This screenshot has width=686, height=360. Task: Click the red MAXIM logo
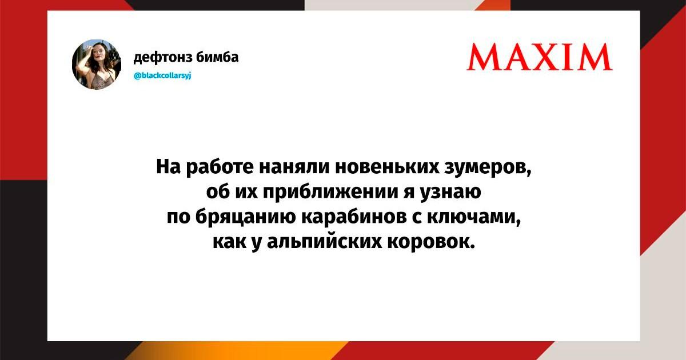coord(540,57)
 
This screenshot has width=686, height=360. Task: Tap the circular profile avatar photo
coord(97,64)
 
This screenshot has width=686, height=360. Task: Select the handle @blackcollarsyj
coord(162,75)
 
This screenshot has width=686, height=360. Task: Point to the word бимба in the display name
coord(217,57)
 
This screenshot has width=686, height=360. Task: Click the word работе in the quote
coord(220,167)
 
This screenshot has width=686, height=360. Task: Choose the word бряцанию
coord(242,218)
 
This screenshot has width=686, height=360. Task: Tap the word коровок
coord(431,243)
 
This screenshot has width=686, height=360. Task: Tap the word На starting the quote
coord(169,167)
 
